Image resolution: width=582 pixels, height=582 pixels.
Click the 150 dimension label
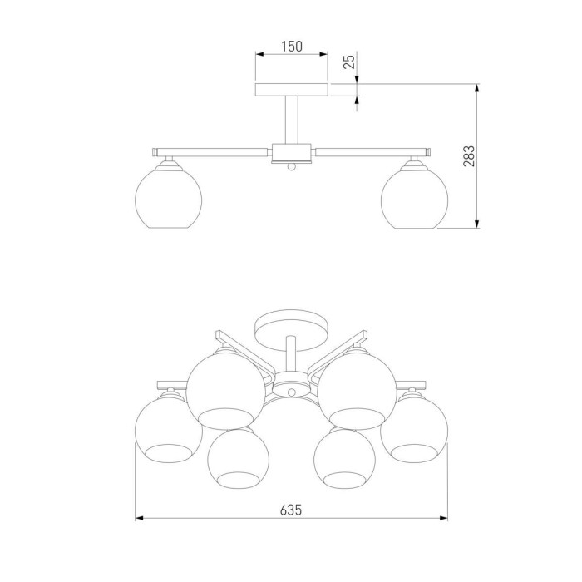click(x=292, y=47)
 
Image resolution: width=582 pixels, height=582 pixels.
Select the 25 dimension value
click(x=349, y=61)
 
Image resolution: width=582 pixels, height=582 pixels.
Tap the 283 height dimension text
click(x=469, y=156)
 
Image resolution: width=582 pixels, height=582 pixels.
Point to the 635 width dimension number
click(x=291, y=510)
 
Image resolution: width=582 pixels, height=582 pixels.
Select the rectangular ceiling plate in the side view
click(x=292, y=90)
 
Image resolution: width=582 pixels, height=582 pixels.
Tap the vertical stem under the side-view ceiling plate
click(x=292, y=121)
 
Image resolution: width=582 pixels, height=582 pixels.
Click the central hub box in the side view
click(x=292, y=152)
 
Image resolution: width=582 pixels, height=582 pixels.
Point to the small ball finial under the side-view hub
click(x=292, y=167)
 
